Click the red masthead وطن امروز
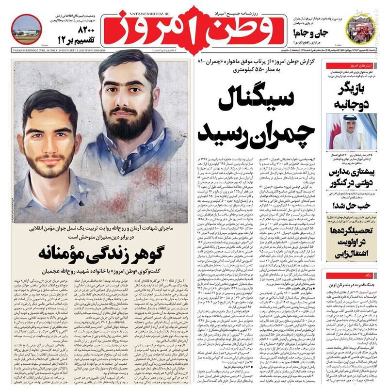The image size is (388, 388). [x=194, y=32]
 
